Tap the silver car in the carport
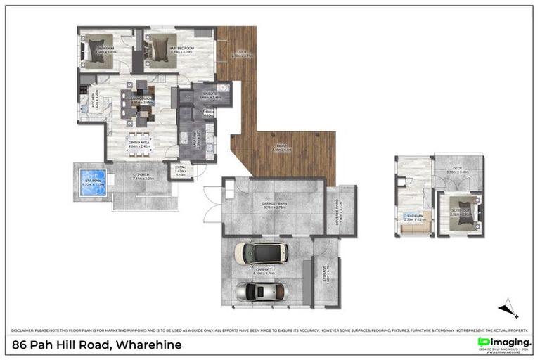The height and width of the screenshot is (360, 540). (x=261, y=291)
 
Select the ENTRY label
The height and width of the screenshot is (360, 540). (x=181, y=171)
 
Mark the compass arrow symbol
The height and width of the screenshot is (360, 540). (x=508, y=308)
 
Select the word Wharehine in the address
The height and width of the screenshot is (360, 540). (x=148, y=345)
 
